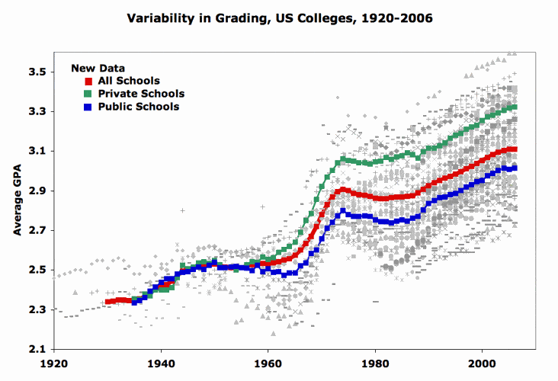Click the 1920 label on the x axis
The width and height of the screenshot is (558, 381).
[53, 363]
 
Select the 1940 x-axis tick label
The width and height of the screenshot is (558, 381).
[161, 363]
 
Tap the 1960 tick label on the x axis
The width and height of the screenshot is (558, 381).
[268, 363]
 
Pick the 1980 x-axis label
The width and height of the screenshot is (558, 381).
[374, 363]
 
